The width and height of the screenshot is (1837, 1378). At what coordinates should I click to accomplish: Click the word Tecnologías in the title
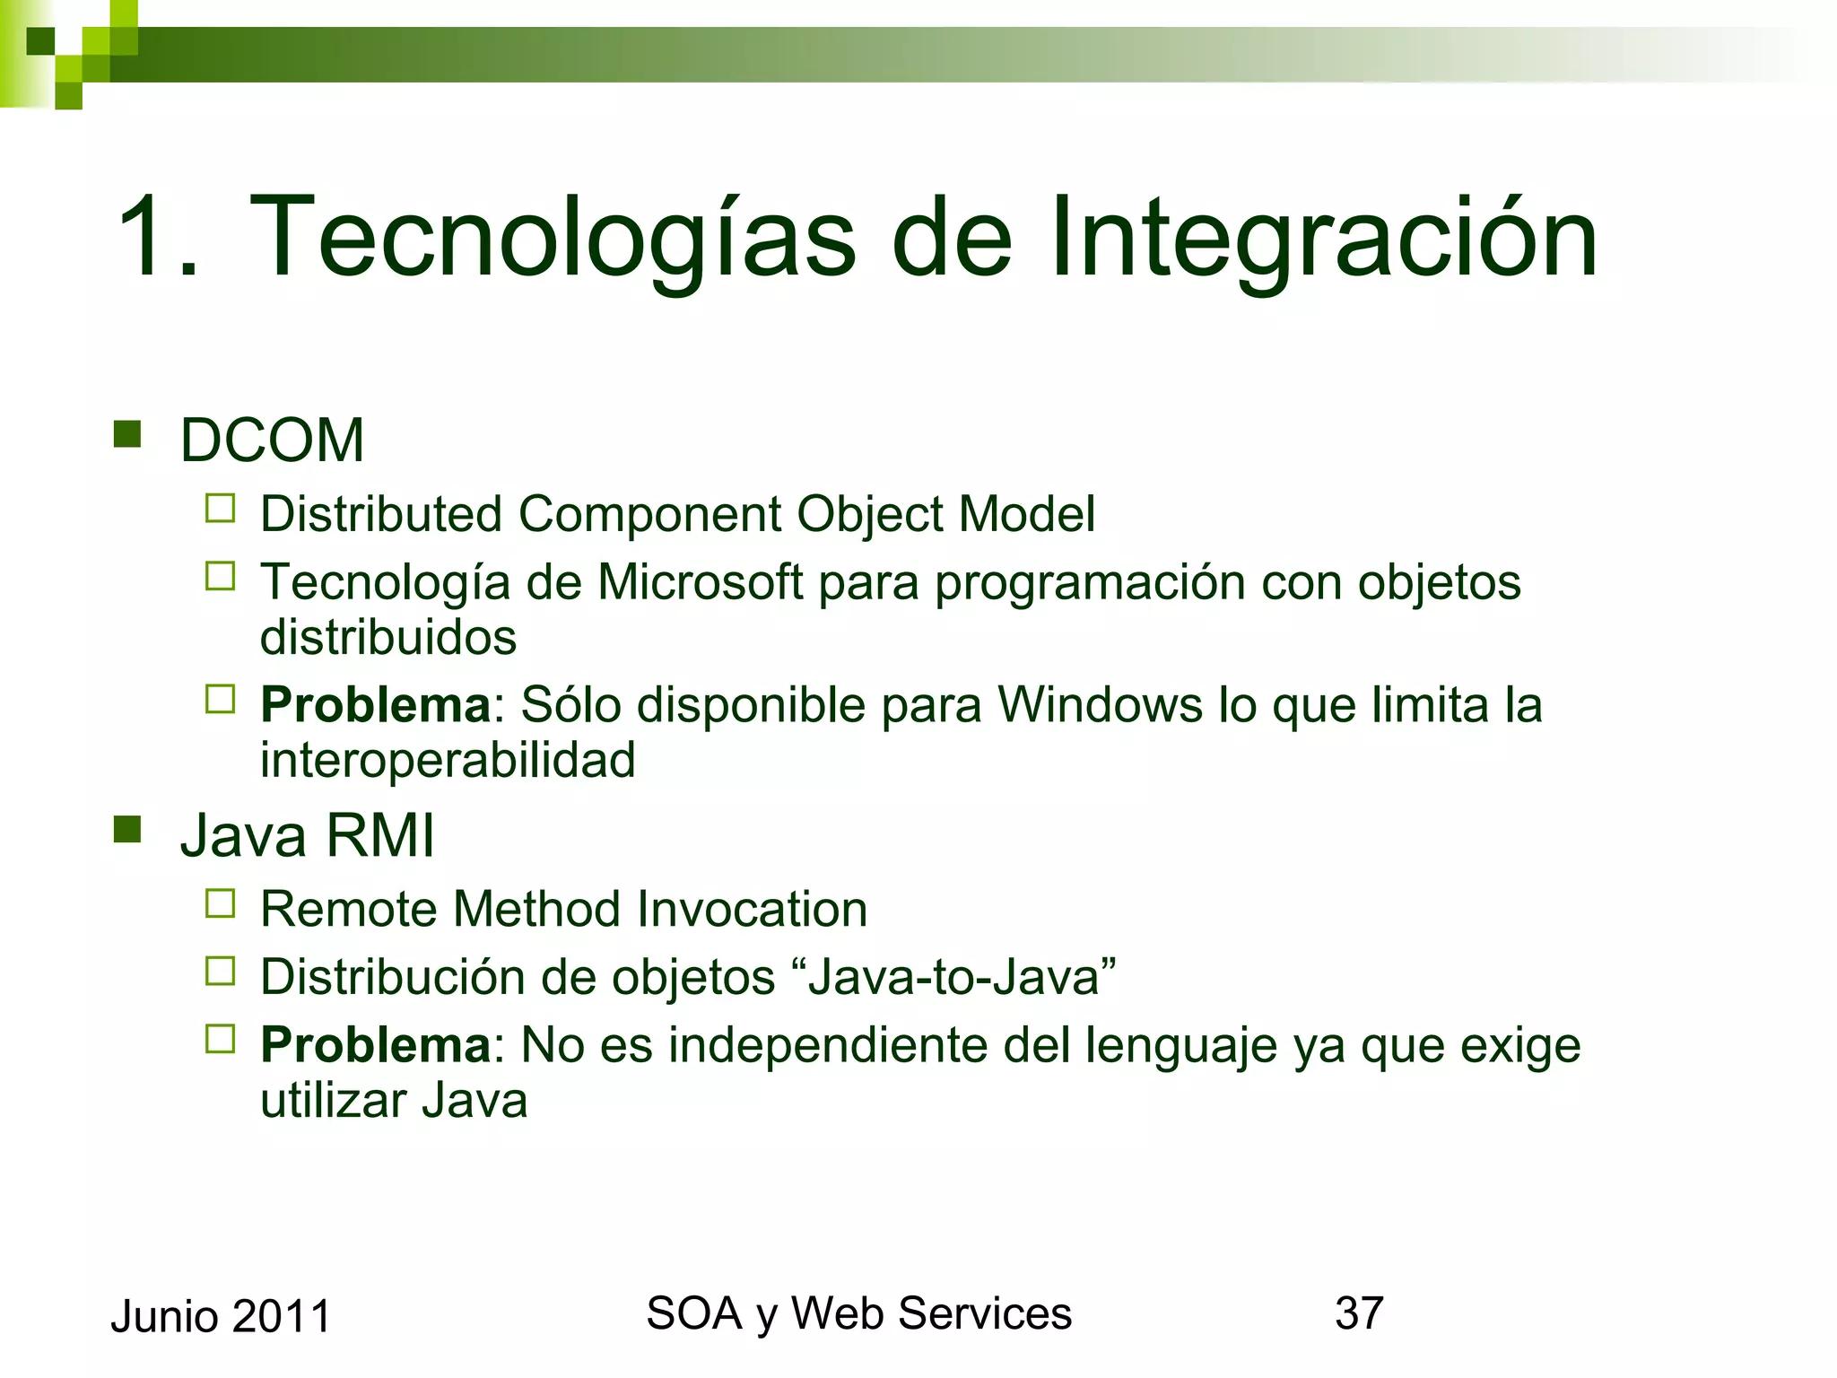tap(553, 239)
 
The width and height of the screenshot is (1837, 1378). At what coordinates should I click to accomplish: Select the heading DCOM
tap(272, 440)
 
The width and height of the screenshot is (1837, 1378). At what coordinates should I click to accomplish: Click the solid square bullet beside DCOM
tap(128, 435)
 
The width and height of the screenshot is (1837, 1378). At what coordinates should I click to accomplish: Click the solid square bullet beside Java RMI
tap(128, 830)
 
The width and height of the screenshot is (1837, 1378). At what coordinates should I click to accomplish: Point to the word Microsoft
tap(700, 581)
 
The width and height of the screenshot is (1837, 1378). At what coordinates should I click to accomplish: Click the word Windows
tap(1100, 704)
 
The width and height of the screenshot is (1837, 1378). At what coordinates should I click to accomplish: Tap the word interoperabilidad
tap(448, 760)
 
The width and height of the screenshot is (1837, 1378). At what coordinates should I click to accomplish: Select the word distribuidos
tap(388, 637)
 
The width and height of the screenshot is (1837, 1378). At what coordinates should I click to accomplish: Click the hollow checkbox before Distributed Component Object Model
tap(220, 509)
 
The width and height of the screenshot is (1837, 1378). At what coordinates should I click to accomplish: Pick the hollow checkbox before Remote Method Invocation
tap(220, 903)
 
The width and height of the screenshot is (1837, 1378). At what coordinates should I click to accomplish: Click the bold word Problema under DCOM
tap(375, 704)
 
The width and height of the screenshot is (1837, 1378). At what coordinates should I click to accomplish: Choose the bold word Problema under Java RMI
tap(375, 1045)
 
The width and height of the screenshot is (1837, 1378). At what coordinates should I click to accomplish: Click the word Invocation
tap(752, 909)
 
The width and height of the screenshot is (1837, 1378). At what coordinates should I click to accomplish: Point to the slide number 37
tap(1359, 1313)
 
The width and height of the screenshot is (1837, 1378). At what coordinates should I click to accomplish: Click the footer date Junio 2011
tap(221, 1317)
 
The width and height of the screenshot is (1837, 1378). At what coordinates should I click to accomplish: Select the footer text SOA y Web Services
tap(858, 1313)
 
